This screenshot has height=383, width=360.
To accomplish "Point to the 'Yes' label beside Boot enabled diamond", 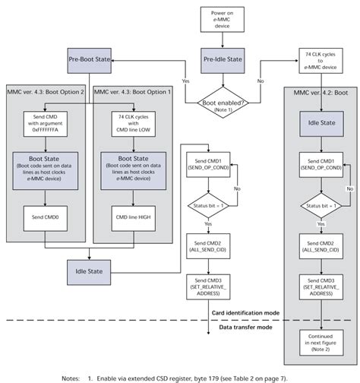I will (185, 80).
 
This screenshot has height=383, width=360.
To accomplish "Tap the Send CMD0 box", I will (45, 217).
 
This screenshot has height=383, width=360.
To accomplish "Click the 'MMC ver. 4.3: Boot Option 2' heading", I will (45, 92).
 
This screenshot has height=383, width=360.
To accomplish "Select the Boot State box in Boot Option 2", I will (45, 167).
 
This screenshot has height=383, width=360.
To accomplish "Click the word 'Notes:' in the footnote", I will (73, 376).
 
